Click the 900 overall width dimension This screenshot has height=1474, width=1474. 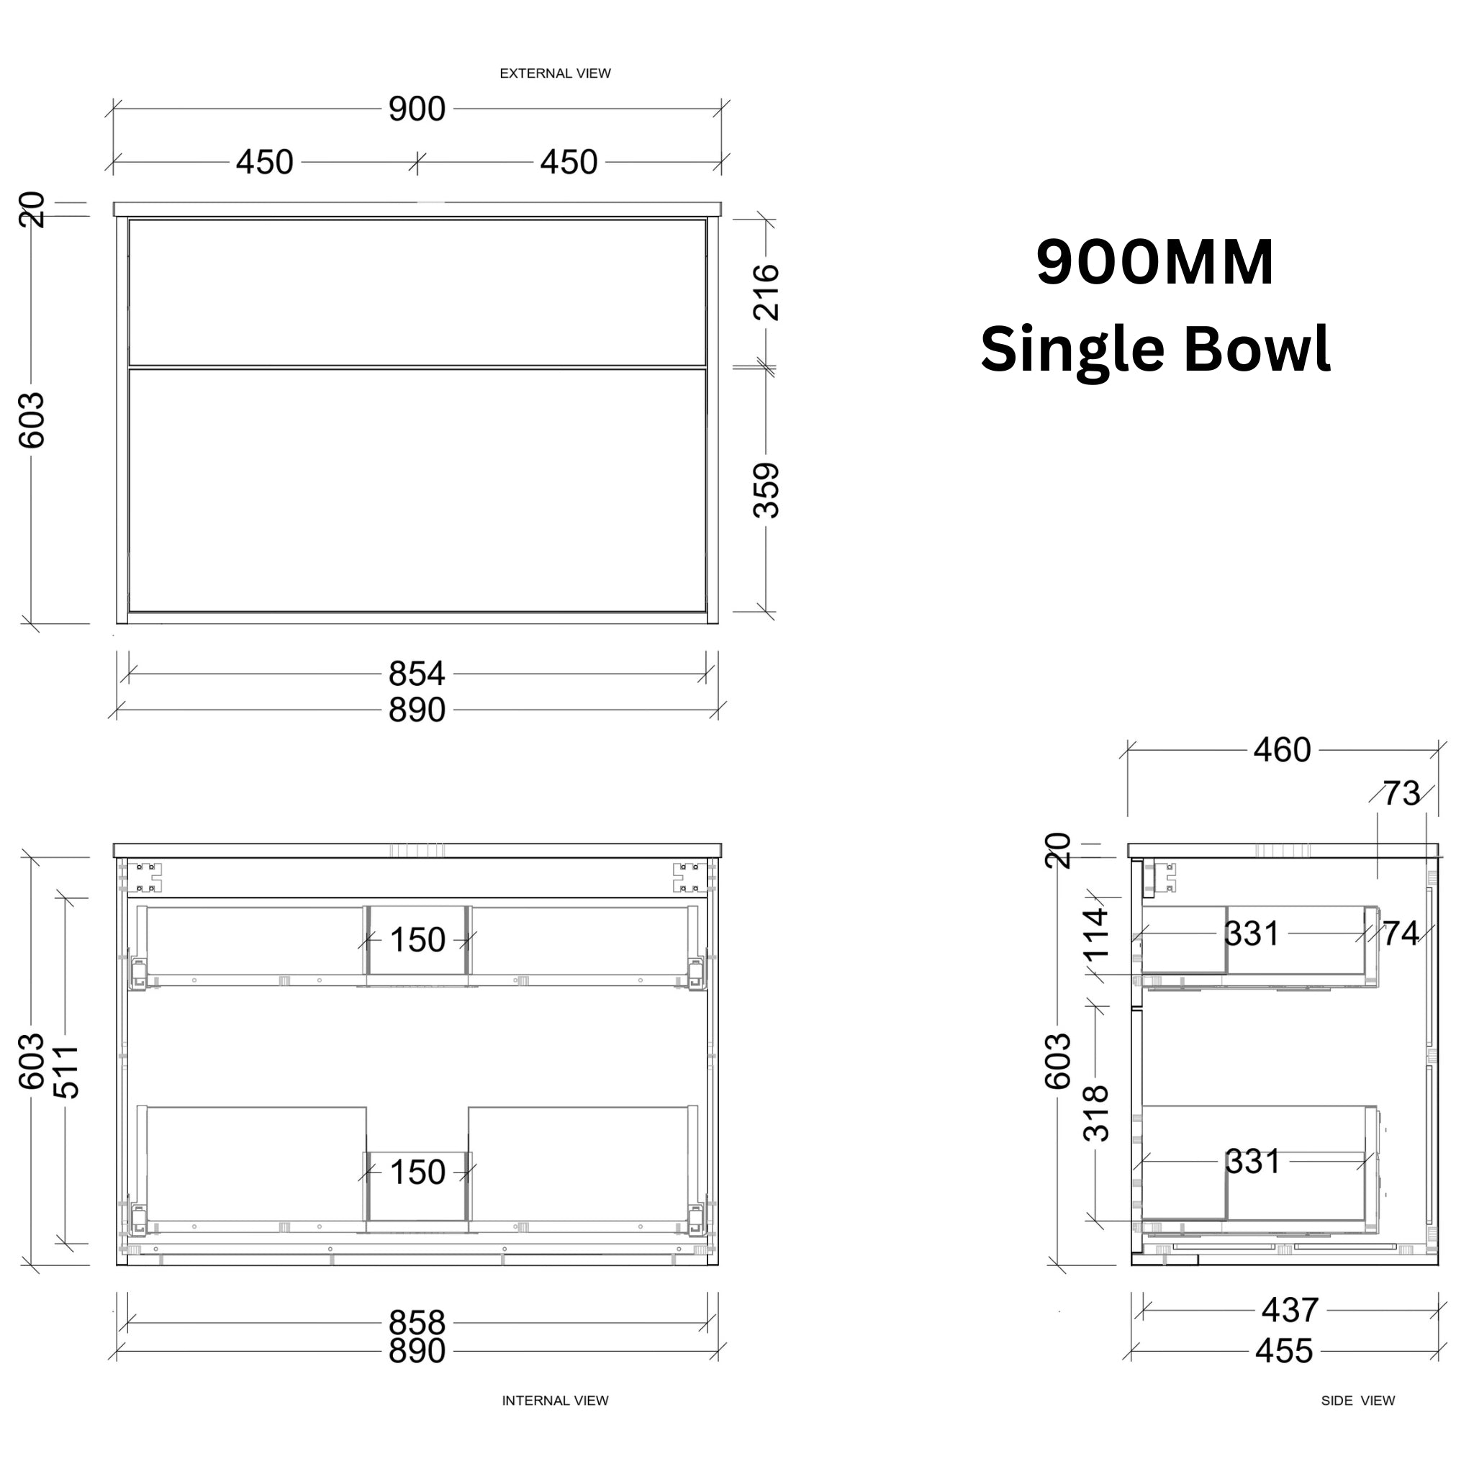(417, 109)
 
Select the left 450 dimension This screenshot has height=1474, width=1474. (264, 163)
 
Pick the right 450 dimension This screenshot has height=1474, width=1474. (569, 163)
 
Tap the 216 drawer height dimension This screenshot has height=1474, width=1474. (766, 292)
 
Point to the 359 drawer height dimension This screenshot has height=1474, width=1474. (766, 491)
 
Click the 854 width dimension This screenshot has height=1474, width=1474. (417, 674)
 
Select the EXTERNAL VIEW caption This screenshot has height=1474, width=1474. (555, 73)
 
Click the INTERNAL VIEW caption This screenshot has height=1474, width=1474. (555, 1401)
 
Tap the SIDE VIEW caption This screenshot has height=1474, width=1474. (1357, 1401)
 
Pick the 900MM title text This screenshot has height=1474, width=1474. (1154, 263)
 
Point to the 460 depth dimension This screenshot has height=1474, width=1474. (1282, 751)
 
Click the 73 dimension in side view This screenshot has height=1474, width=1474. (1401, 795)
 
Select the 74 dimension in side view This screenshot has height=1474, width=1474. (1401, 933)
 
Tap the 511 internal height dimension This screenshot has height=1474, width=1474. (67, 1071)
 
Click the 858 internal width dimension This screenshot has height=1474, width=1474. (417, 1322)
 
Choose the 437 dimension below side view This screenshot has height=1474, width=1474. (1289, 1311)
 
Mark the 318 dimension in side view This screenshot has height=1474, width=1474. (1096, 1113)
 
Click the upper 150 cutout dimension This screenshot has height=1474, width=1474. (417, 941)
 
